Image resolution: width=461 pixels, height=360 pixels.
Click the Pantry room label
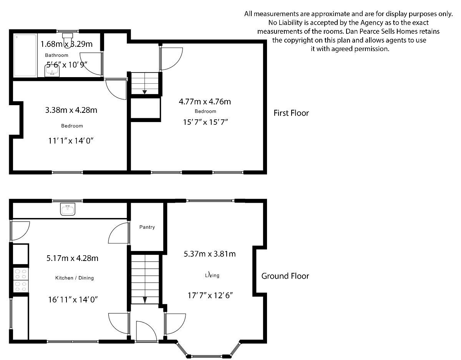pos(147,227)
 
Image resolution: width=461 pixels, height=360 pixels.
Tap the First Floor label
pos(291,113)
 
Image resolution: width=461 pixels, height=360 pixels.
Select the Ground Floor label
pos(285,276)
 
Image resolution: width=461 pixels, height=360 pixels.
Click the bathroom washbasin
pos(51,71)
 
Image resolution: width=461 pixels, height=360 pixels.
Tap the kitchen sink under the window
pos(68,210)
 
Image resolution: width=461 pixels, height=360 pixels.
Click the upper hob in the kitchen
pos(21,273)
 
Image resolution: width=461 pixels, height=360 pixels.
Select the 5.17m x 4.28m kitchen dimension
pos(72,258)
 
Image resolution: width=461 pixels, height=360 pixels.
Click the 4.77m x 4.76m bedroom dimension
pos(205,102)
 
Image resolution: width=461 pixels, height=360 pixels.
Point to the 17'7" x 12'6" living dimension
pos(211,296)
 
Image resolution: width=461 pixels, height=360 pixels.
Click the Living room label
pos(212,275)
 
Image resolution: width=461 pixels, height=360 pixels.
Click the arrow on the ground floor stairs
pos(145,299)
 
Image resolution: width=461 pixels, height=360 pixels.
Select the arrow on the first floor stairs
pos(145,91)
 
